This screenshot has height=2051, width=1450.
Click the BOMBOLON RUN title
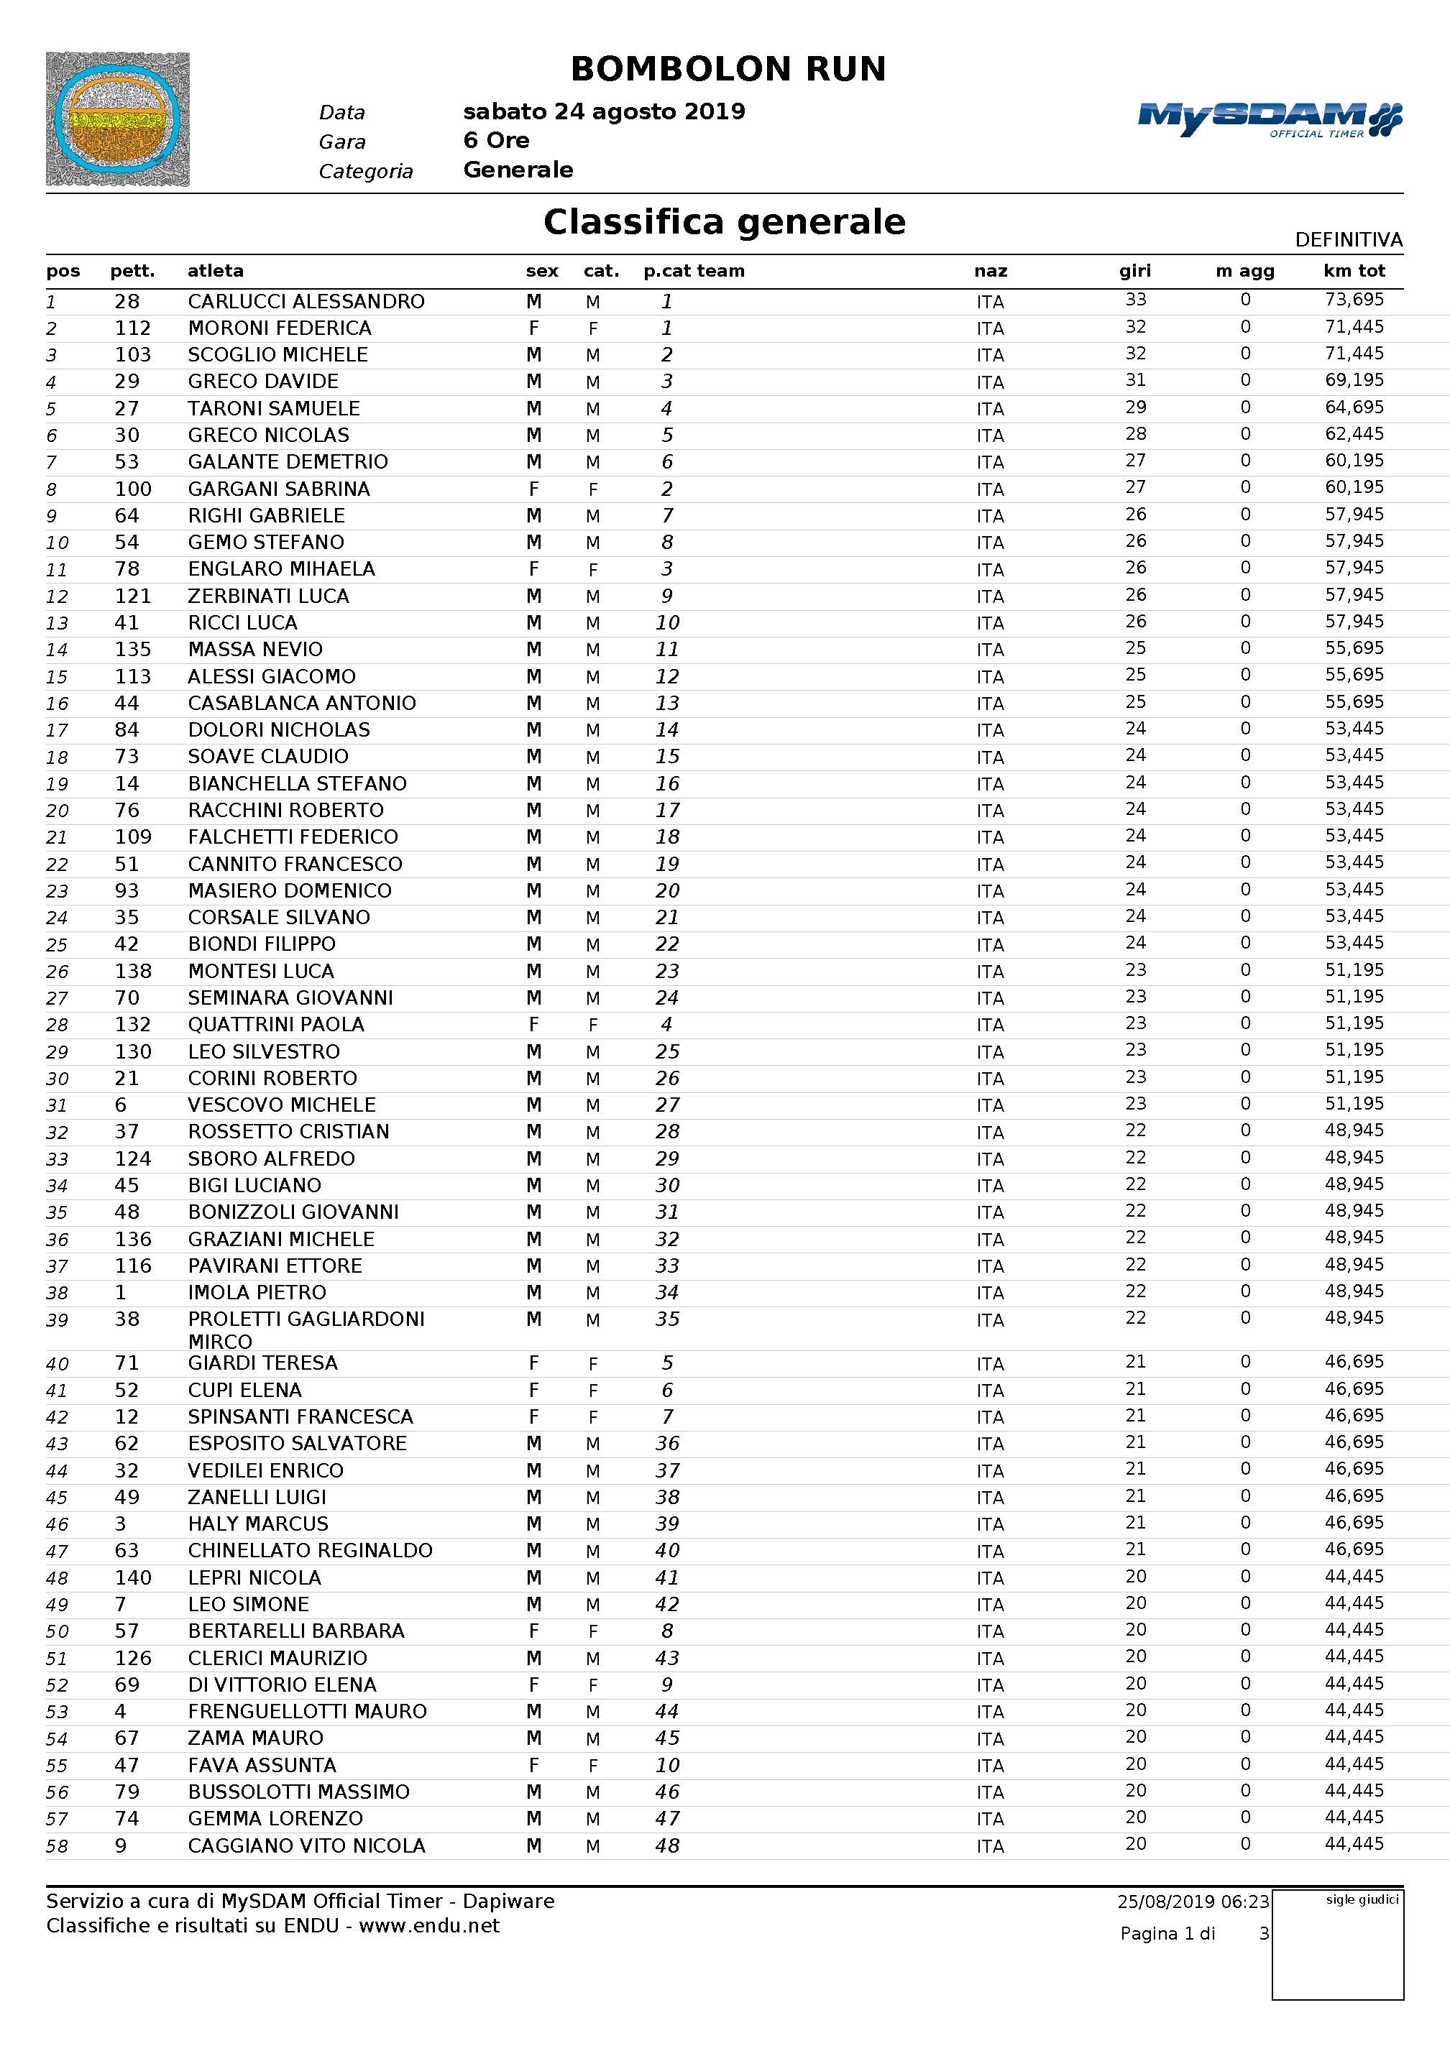pos(728,69)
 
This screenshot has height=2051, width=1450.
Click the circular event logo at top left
pos(117,119)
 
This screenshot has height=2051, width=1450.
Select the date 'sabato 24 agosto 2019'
pos(604,111)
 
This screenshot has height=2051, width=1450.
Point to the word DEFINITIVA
pos(1348,239)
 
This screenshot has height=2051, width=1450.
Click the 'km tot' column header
pos(1354,271)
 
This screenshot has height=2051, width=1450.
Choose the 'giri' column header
pos(1134,271)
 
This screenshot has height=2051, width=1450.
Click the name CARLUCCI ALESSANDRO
pos(306,301)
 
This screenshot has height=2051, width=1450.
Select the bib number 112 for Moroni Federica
pos(132,328)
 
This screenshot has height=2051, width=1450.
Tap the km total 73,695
pos(1354,300)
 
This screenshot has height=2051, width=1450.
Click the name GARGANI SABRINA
pos(279,489)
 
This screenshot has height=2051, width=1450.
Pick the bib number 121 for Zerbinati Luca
pos(132,596)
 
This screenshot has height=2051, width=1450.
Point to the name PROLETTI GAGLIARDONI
pos(306,1319)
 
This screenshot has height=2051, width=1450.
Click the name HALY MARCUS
pos(257,1524)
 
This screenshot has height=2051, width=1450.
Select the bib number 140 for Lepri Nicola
pos(132,1577)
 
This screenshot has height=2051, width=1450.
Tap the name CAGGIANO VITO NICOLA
pos(306,1845)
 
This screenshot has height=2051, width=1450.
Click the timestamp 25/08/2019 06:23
pos(1193,1902)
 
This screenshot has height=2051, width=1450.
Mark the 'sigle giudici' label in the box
pos(1362,1900)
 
